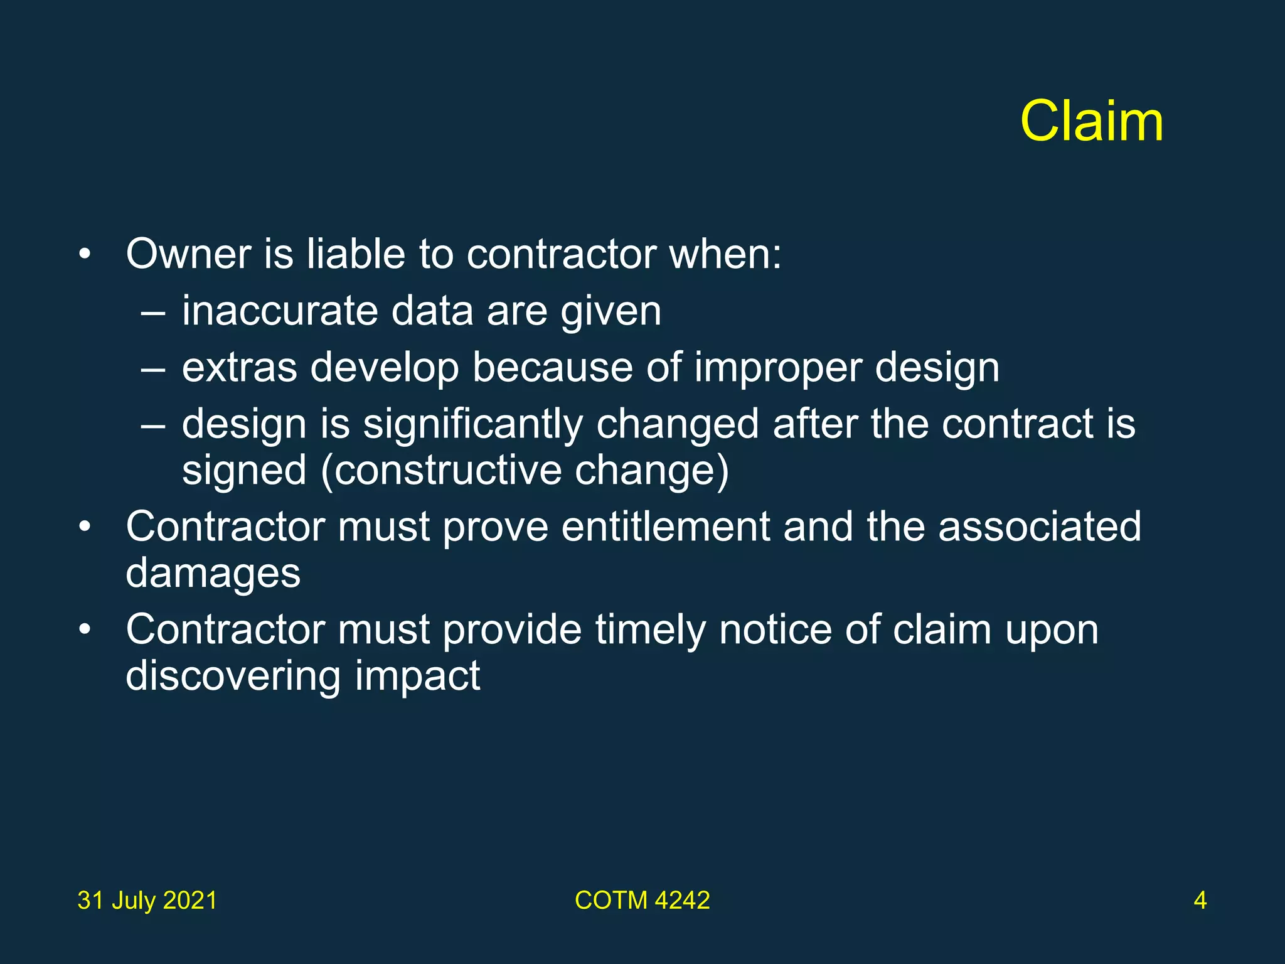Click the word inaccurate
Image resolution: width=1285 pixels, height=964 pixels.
point(280,311)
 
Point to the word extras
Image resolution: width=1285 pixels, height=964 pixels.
point(239,367)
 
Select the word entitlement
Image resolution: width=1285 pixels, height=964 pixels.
point(666,527)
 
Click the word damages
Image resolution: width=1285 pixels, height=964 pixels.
point(213,574)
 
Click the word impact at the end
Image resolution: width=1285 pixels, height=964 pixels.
point(418,677)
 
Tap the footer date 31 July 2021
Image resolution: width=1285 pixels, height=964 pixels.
point(147,901)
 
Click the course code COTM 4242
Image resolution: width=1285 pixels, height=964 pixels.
point(642,901)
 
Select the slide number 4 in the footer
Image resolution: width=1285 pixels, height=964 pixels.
point(1200,901)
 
